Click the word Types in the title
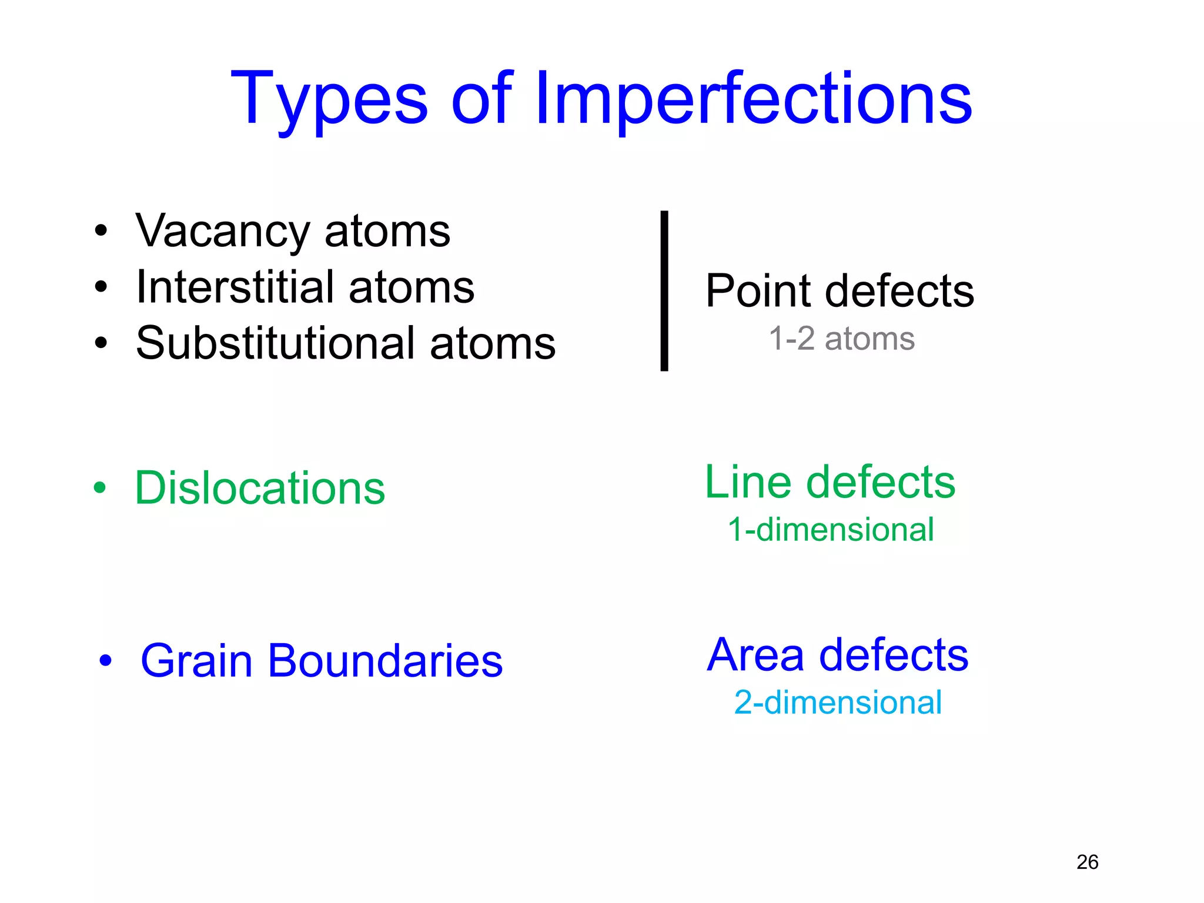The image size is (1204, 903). (329, 100)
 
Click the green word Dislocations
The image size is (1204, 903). (260, 488)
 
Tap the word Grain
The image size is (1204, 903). (196, 661)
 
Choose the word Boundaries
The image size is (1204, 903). (385, 661)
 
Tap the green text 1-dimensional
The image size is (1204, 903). (831, 530)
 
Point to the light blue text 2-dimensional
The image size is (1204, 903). (838, 703)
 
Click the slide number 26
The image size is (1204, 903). (1087, 862)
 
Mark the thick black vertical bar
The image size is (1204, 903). (664, 291)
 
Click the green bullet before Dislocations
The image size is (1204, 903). (100, 488)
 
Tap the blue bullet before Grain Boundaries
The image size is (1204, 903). (105, 661)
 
